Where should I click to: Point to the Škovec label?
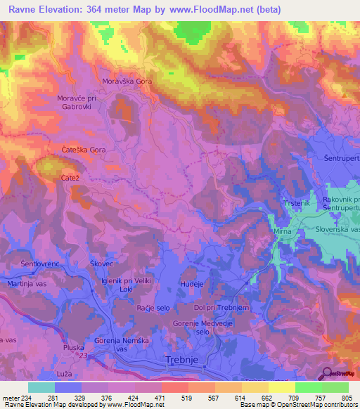pyautogui.click(x=101, y=263)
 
